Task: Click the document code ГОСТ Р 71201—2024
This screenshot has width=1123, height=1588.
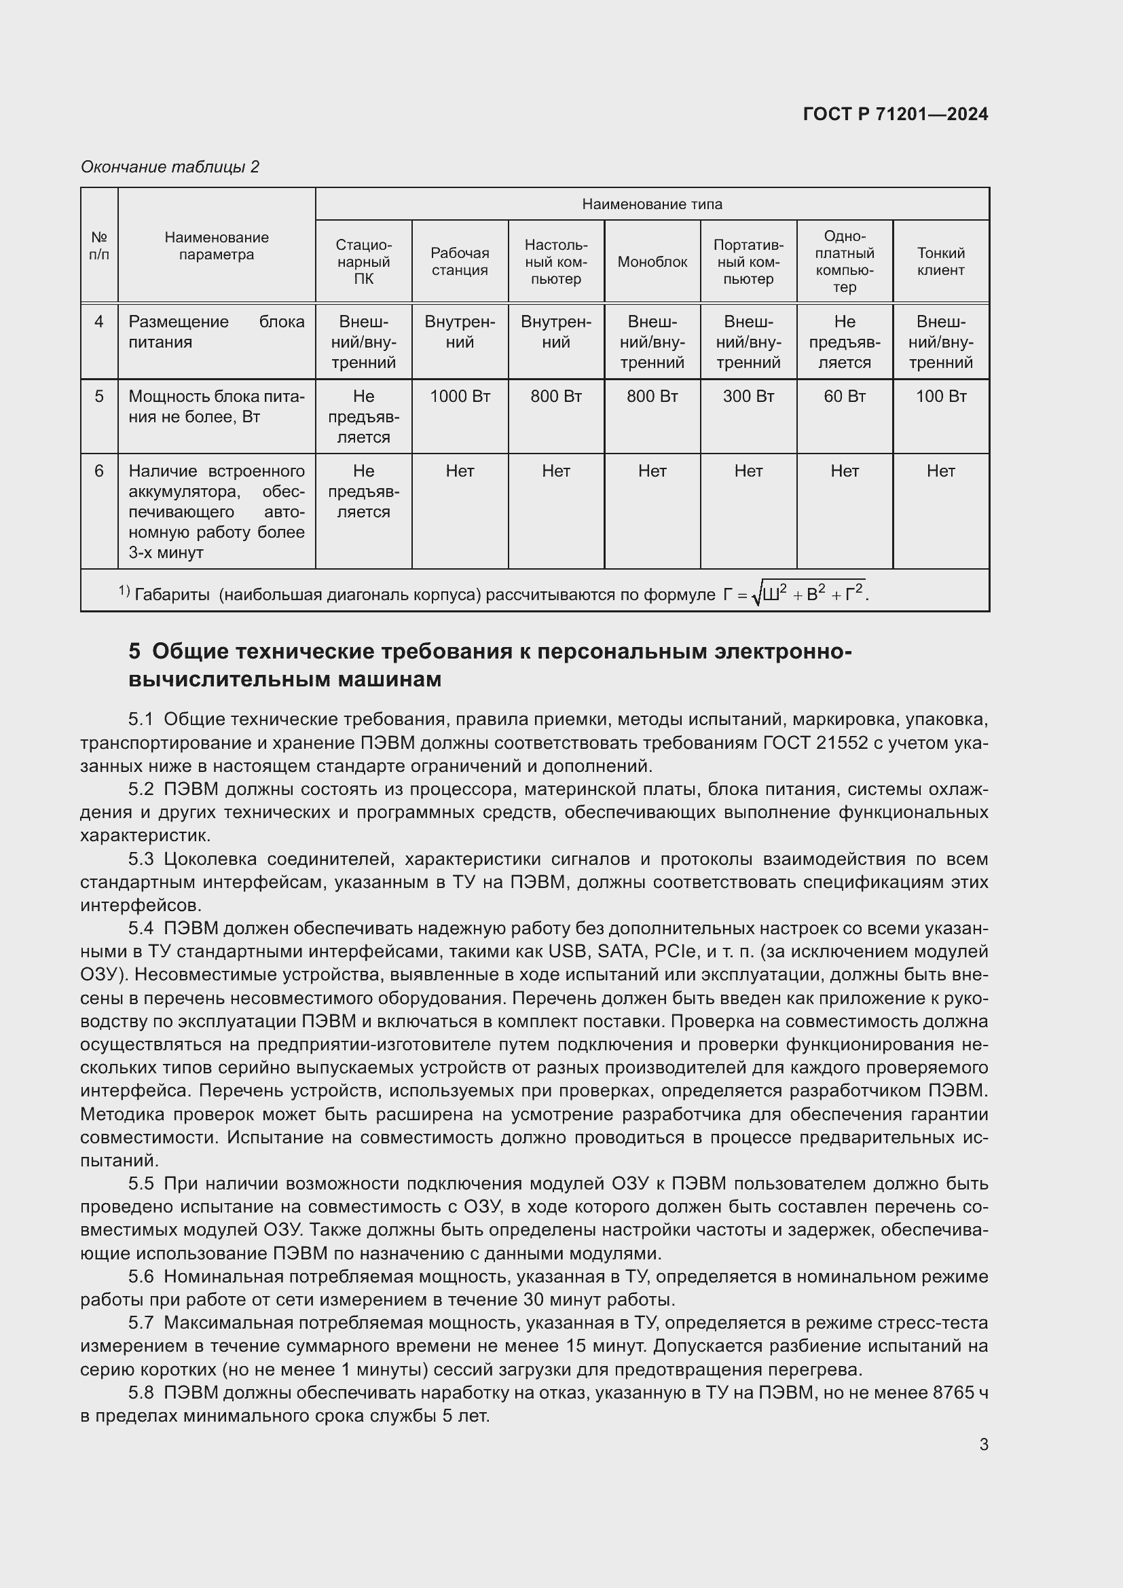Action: coord(895,115)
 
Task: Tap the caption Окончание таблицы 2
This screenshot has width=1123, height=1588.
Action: coord(170,167)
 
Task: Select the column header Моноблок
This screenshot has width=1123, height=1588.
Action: coord(652,262)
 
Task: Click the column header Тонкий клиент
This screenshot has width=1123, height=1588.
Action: coord(940,261)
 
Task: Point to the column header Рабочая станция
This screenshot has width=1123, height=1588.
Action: coord(460,261)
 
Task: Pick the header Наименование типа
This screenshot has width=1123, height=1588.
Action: coord(652,204)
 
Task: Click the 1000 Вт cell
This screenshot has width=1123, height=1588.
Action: coord(460,396)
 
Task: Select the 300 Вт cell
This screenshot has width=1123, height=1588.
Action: coord(748,396)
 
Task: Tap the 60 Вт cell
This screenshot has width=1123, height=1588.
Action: coord(845,396)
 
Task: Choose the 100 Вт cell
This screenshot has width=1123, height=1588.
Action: coord(940,396)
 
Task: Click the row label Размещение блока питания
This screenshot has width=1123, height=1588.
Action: coord(216,332)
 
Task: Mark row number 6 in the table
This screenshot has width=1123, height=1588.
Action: coord(99,471)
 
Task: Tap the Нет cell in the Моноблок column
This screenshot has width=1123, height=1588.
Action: coord(652,471)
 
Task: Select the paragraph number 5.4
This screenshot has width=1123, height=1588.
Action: coord(141,928)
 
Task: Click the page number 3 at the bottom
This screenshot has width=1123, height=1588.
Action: coord(983,1445)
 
